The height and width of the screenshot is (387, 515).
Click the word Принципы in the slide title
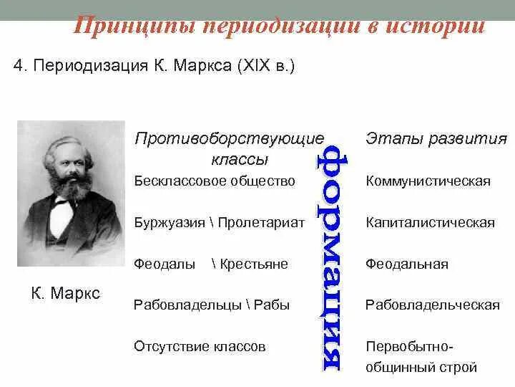click(134, 27)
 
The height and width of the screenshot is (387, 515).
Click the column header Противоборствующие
click(229, 138)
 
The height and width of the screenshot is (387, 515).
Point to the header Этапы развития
click(436, 138)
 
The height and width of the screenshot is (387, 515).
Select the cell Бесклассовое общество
click(215, 181)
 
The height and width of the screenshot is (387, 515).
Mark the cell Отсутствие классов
click(200, 346)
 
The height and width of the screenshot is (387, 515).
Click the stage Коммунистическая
click(428, 181)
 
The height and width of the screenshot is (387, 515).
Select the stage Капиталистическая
click(430, 222)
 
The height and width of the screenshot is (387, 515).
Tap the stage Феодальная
click(406, 264)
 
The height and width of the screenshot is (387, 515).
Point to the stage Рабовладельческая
click(432, 305)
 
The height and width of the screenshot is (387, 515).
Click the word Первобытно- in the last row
click(409, 347)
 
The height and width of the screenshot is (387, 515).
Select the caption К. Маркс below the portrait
click(66, 293)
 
